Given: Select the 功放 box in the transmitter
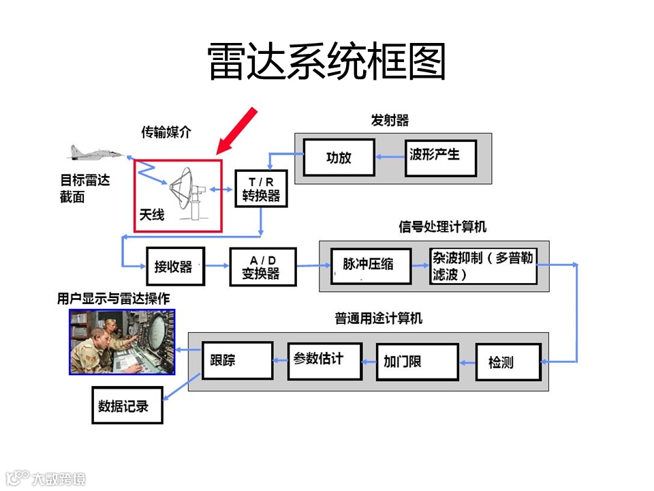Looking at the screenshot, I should [339, 158].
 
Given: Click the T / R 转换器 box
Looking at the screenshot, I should [261, 189].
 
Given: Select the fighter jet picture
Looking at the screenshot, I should [95, 153].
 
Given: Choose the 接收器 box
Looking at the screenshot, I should [175, 266].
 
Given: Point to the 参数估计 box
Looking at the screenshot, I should [324, 359].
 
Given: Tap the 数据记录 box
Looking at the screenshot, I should [127, 406].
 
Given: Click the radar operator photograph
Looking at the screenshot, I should [122, 342].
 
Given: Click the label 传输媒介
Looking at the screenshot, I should [166, 132].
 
